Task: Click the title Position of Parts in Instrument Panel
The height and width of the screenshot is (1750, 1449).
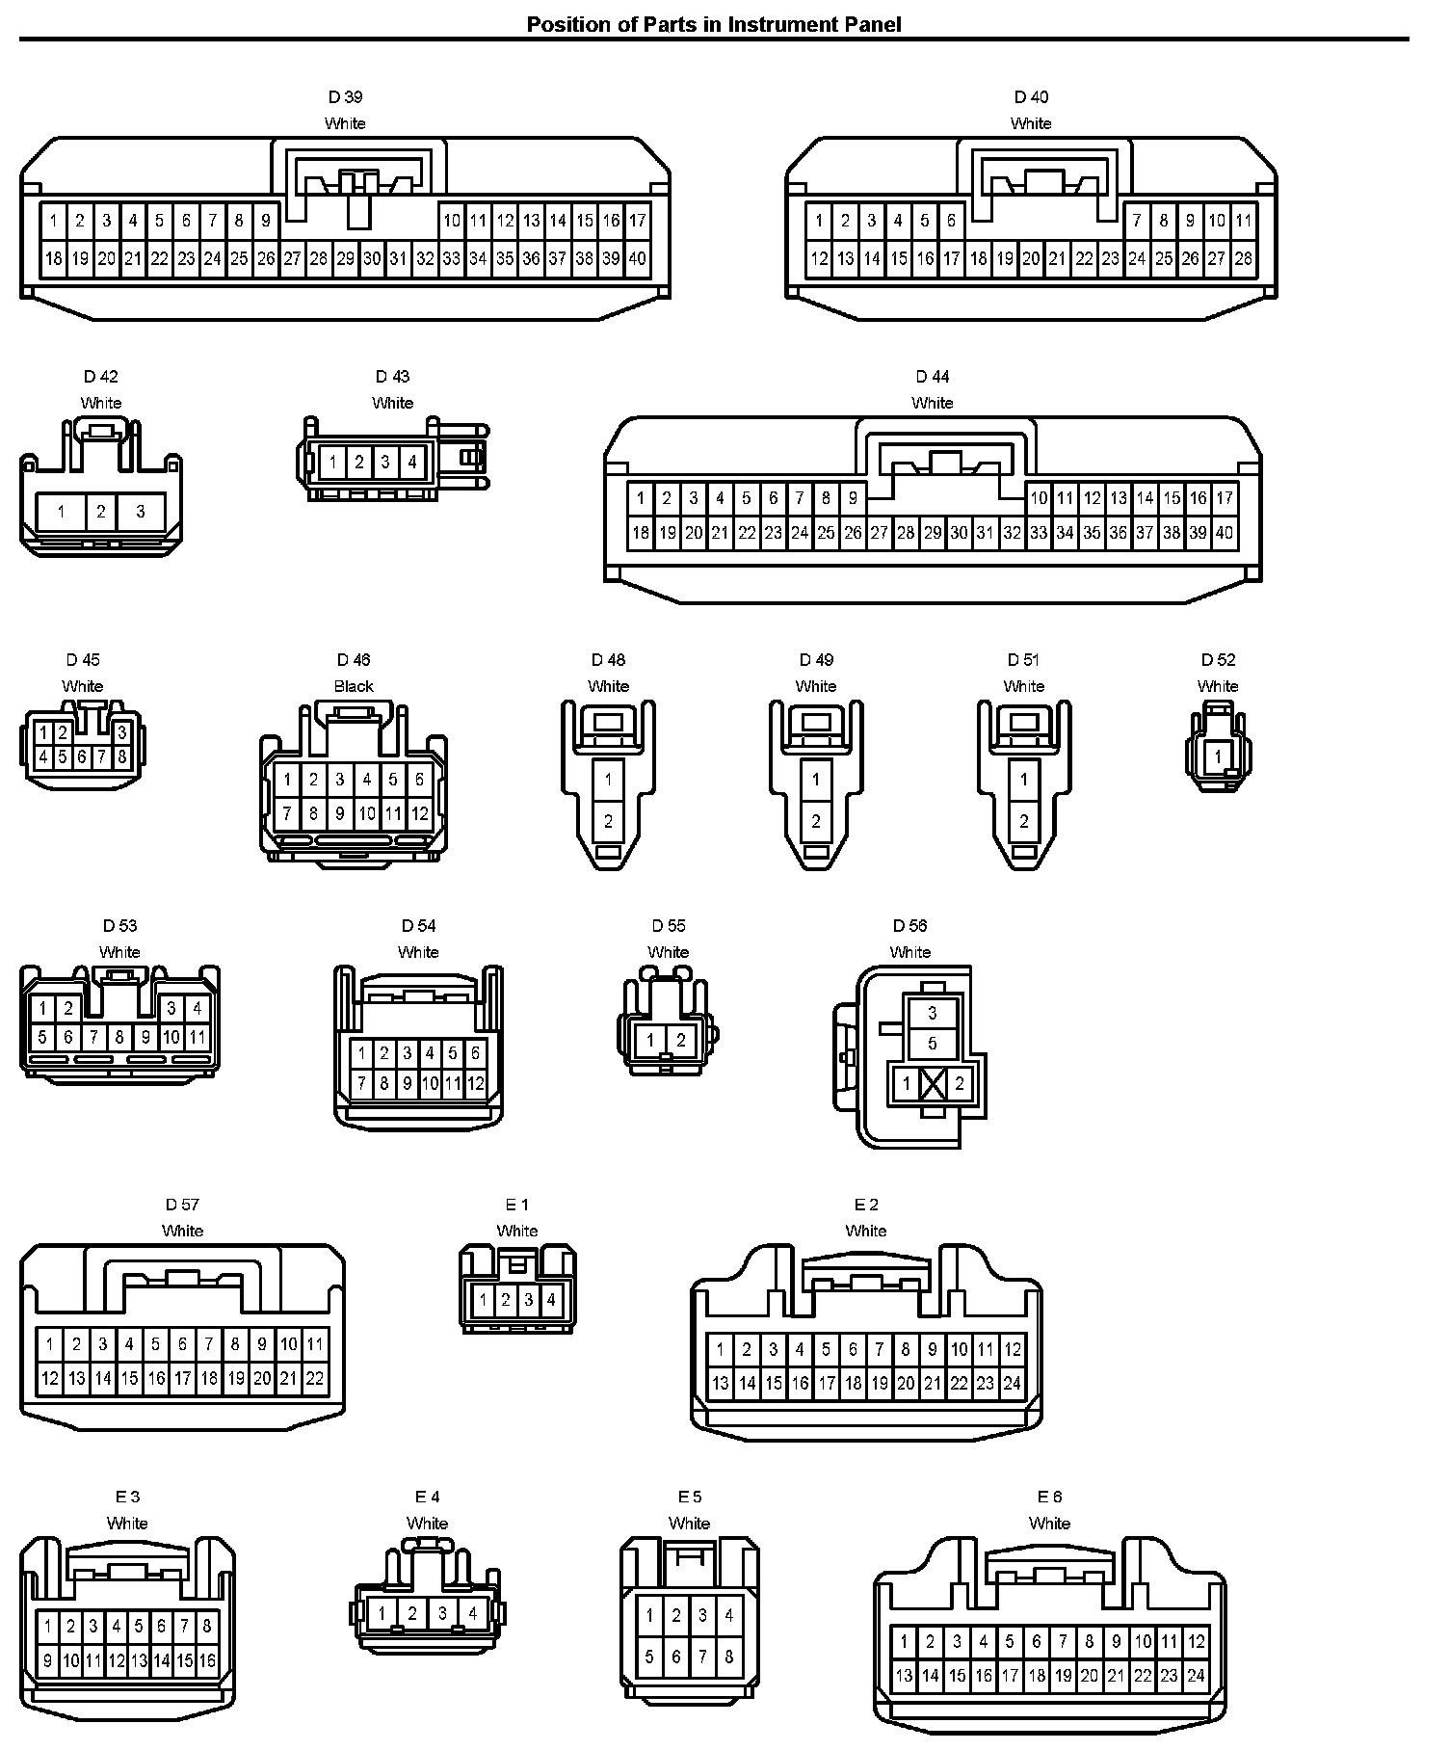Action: click(x=713, y=24)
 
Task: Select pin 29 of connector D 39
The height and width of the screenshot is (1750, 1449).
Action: click(x=345, y=258)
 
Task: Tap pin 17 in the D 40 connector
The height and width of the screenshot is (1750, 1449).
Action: click(x=951, y=258)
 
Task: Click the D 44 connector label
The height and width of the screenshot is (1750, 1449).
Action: click(x=932, y=377)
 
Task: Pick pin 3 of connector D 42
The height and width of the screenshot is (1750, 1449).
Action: click(x=141, y=511)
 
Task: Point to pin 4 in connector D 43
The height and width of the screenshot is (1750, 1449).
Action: click(x=412, y=462)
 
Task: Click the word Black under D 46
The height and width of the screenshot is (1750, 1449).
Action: click(x=354, y=686)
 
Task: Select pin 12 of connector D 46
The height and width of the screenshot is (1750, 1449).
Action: click(x=420, y=813)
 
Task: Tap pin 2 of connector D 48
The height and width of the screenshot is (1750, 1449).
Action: click(x=608, y=821)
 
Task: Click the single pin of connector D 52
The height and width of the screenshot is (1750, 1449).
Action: click(x=1218, y=756)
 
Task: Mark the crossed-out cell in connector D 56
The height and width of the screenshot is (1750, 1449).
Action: click(x=933, y=1084)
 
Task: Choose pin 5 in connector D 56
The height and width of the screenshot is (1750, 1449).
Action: click(x=933, y=1044)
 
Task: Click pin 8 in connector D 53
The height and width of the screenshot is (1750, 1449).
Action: click(x=119, y=1038)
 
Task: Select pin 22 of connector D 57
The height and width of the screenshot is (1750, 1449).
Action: click(x=315, y=1378)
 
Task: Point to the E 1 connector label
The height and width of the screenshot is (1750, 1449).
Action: click(x=516, y=1205)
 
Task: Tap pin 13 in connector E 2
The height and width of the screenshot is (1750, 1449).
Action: click(x=720, y=1384)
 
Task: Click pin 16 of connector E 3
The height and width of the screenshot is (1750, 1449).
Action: click(x=207, y=1660)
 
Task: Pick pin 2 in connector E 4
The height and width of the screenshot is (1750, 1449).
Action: click(x=412, y=1612)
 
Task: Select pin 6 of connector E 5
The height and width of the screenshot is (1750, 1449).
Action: click(x=676, y=1657)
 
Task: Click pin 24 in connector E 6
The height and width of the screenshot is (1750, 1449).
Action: click(x=1196, y=1676)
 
